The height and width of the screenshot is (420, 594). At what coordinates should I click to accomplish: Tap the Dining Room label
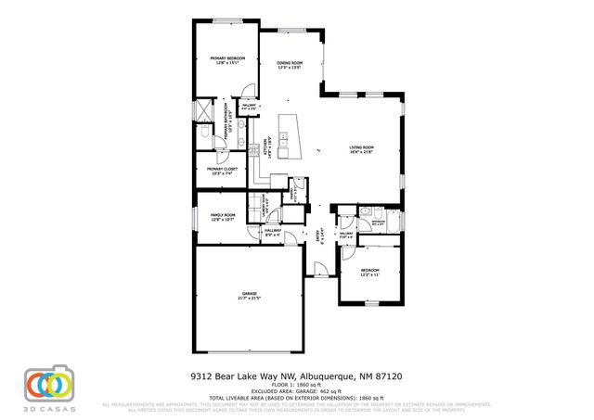tap(291, 65)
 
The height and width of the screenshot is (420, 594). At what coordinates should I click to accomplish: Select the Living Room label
tap(361, 150)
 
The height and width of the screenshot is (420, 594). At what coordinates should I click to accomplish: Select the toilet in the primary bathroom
tap(204, 136)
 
